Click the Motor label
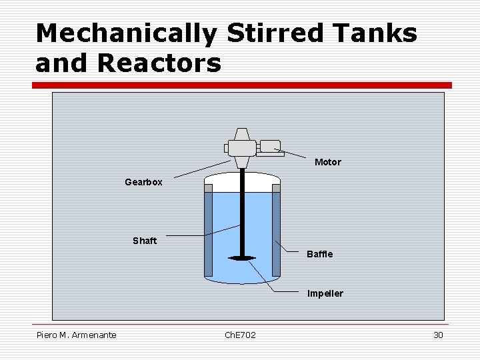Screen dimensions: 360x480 327,162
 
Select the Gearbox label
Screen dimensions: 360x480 143,182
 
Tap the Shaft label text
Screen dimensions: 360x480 145,241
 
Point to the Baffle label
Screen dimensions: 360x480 319,254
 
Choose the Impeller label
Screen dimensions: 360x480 325,293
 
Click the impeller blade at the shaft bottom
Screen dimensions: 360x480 241,258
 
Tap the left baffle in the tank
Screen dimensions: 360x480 208,233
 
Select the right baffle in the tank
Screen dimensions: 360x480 276,233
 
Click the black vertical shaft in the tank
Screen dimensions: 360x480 241,213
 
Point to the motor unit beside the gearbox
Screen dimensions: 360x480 270,147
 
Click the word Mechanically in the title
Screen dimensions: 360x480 126,33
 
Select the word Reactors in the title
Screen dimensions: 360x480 159,63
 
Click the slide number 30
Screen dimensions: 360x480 438,335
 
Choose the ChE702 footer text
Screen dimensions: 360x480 240,335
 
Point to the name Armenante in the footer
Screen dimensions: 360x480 93,335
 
